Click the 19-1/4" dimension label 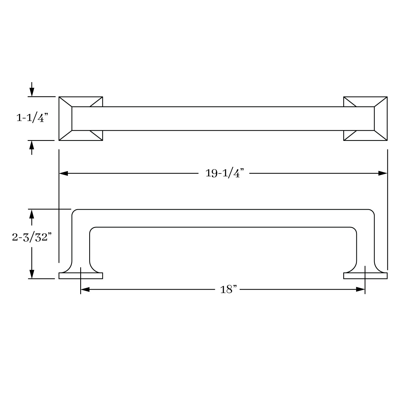(224, 173)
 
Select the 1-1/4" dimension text (32, 118)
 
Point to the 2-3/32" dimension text (32, 237)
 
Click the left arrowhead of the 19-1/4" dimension (63, 173)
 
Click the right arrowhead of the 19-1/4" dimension (383, 173)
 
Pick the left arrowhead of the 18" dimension (85, 289)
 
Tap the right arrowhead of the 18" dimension (360, 289)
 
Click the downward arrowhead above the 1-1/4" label (32, 92)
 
